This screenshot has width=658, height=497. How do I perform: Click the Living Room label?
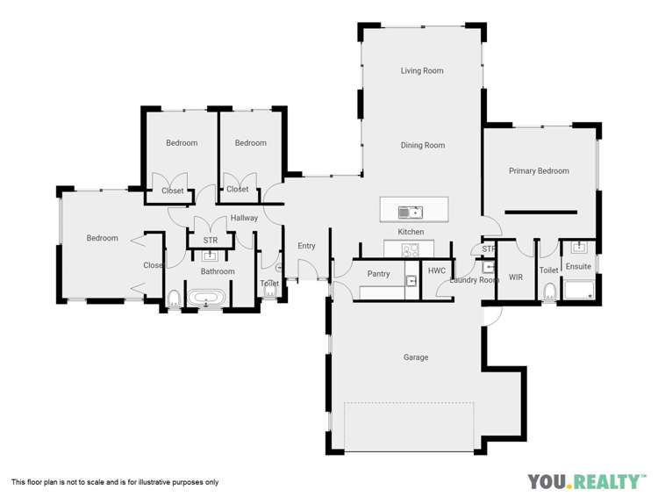click(422, 71)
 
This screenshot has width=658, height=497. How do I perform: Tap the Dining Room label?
click(423, 146)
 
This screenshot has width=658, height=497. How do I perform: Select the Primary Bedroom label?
click(539, 171)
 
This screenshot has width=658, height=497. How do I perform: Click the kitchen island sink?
click(410, 212)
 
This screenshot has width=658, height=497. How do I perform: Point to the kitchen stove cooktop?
click(410, 249)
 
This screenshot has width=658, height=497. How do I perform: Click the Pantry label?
click(378, 274)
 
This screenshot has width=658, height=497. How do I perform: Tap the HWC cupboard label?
click(437, 271)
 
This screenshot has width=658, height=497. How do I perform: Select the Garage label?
click(416, 357)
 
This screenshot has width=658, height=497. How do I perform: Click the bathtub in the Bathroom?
click(207, 299)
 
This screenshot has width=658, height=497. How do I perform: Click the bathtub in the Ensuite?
click(579, 290)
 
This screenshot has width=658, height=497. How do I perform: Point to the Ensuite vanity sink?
click(578, 248)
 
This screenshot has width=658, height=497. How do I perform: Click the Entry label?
click(306, 246)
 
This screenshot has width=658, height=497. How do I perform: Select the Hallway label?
click(244, 218)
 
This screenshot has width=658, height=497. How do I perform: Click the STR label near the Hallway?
click(211, 240)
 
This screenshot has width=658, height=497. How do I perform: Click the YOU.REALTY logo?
click(583, 481)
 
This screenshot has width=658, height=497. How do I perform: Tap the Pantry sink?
click(411, 281)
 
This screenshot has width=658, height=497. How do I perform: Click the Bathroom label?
click(218, 272)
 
